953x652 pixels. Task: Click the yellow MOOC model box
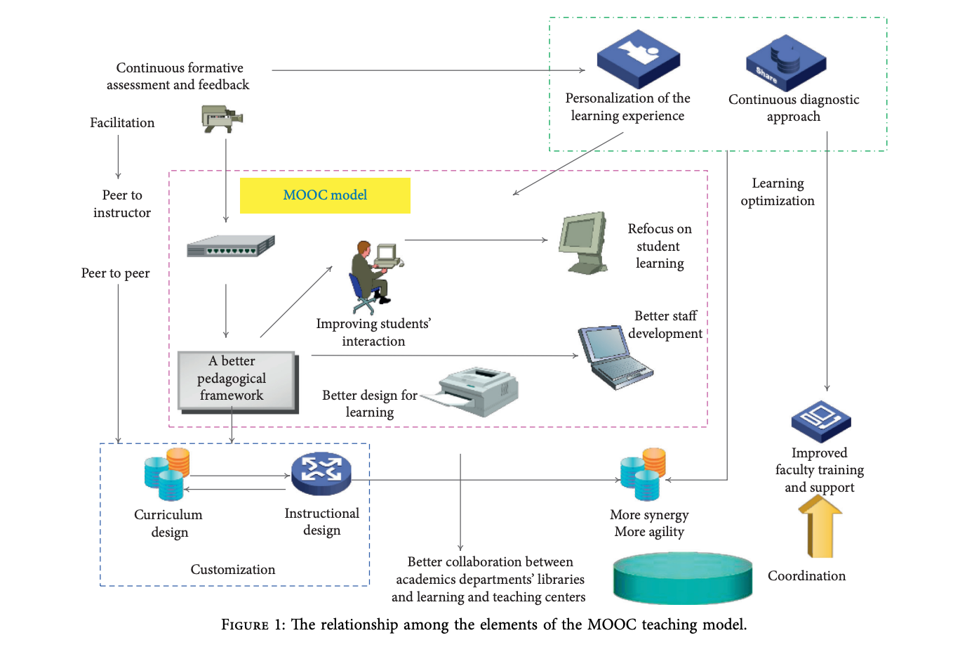pos(325,195)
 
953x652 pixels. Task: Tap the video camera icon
pos(222,118)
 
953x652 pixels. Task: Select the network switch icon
pos(230,247)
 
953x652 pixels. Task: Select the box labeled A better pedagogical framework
pos(236,379)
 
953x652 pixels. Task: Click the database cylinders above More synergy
pos(643,473)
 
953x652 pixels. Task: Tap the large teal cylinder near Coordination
pos(682,578)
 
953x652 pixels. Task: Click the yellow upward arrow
pos(820,527)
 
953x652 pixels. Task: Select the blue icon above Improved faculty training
pos(820,421)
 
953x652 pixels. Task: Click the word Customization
pos(233,570)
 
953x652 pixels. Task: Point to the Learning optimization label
pos(778,192)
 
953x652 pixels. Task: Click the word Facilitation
pos(122,123)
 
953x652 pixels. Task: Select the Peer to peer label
pos(115,273)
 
